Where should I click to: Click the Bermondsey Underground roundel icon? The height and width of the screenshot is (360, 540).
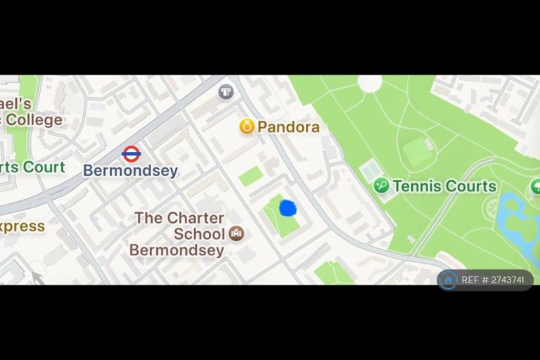point(131,153)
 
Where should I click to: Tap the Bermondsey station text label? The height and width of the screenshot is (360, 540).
point(130,171)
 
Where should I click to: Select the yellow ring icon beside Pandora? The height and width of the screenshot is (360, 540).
point(247,127)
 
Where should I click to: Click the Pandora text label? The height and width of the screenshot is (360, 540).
point(288,127)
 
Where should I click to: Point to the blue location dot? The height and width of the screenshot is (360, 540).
point(288,208)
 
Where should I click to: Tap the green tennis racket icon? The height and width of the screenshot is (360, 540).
point(382,186)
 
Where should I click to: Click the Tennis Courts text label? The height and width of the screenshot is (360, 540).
point(444,186)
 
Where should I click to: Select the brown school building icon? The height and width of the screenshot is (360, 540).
point(237,233)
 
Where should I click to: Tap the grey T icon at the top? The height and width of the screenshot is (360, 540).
point(226,91)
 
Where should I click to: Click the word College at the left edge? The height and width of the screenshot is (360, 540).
point(34,120)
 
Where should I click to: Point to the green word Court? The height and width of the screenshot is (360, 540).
point(44,167)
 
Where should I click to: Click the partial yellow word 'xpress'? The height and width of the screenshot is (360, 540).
point(22,226)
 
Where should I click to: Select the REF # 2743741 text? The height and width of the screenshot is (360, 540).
point(493,280)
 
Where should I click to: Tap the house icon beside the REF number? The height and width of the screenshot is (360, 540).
point(448,280)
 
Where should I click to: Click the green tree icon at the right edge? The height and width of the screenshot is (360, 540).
point(536,186)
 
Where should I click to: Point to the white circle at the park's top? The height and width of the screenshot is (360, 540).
point(370,83)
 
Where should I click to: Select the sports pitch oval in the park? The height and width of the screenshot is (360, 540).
point(417,152)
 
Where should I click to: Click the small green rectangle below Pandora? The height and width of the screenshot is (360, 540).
point(251,176)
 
